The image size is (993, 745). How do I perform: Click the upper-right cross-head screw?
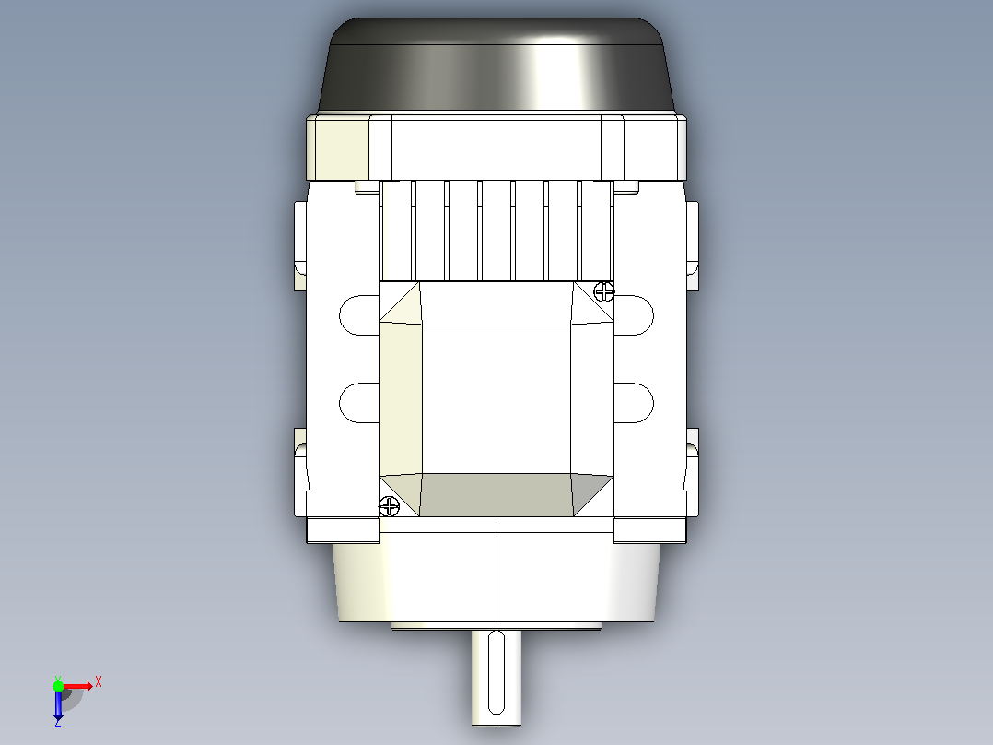pos(604,291)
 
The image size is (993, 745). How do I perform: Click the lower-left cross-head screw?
pos(389,506)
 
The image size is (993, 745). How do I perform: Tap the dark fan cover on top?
pos(497,65)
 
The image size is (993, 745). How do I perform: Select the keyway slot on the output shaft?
pos(497,672)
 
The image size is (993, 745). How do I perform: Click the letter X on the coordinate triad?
pos(99,682)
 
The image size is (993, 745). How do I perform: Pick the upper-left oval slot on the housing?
pos(359,315)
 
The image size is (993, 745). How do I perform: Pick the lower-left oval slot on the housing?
pos(359,403)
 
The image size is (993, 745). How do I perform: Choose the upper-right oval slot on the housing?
pos(634,315)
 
